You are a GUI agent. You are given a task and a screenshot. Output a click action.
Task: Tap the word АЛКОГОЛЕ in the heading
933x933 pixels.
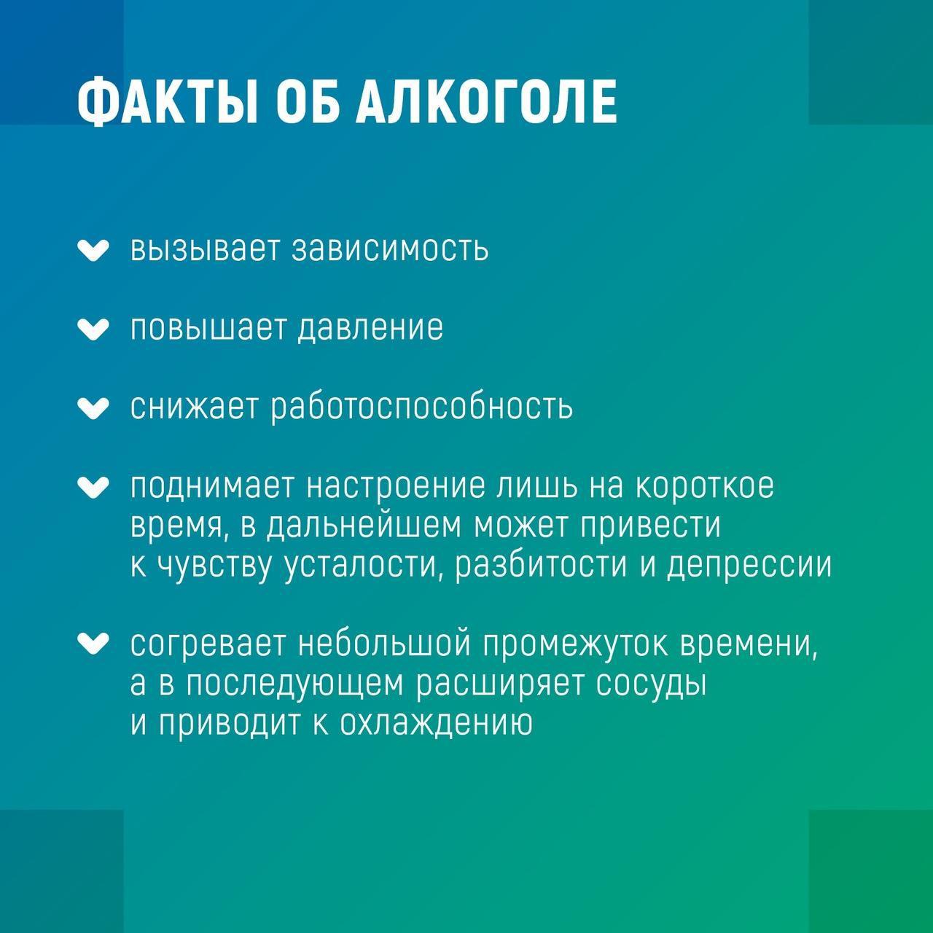tap(486, 102)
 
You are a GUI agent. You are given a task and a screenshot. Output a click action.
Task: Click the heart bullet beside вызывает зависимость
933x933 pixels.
tap(93, 251)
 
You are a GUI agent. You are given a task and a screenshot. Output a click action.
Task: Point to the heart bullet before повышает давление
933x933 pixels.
tap(93, 329)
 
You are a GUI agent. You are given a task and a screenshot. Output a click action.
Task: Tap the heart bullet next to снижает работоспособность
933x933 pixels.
tap(93, 408)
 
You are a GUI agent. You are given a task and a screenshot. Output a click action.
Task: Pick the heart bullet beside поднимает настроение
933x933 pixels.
tap(93, 487)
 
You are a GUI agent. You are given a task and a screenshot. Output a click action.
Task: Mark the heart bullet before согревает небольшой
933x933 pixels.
tap(93, 644)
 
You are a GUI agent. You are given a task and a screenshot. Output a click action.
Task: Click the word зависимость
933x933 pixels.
tap(390, 249)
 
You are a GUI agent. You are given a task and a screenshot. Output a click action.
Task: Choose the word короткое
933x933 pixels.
tap(704, 487)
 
